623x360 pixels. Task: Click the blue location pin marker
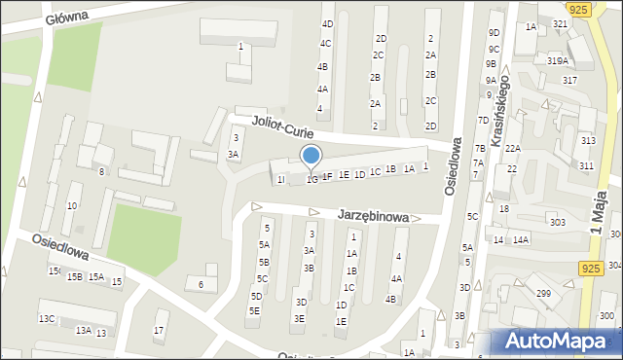311,157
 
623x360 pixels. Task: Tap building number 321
561,23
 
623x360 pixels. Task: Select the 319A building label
557,60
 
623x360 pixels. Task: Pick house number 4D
327,23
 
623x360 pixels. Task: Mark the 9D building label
495,32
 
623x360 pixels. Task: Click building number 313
587,141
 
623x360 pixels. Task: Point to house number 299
543,293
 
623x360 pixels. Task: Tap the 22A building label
513,148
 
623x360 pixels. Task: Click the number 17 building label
160,329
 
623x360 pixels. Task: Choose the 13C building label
47,318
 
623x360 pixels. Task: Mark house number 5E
254,310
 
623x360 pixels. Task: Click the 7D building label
482,120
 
